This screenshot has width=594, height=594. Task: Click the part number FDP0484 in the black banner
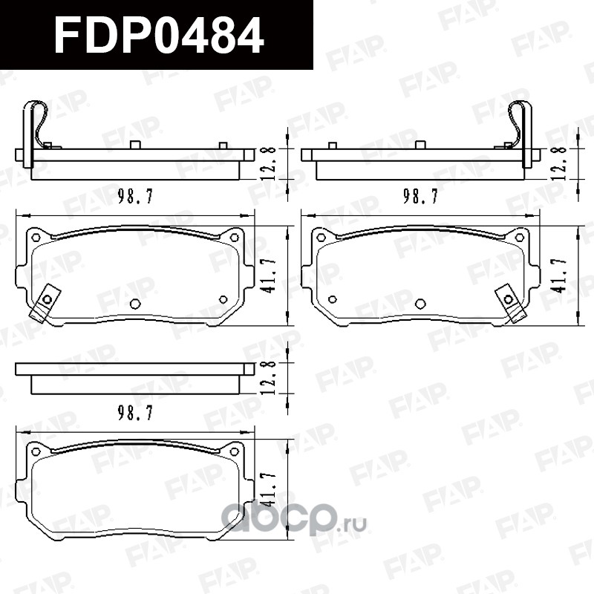159,35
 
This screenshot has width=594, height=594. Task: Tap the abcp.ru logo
293,518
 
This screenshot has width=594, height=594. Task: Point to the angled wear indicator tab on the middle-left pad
45,303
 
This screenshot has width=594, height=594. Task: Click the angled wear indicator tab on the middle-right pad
512,303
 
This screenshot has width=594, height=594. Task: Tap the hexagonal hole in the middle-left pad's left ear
36,238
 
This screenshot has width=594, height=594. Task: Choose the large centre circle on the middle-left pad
135,304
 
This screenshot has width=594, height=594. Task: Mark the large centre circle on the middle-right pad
420,304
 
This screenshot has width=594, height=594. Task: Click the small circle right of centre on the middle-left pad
223,300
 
